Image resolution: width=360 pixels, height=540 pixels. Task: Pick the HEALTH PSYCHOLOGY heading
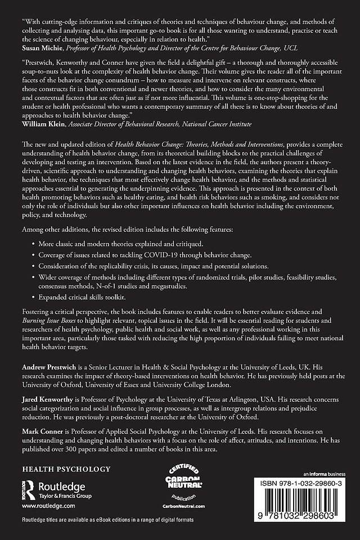[x=66, y=453]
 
